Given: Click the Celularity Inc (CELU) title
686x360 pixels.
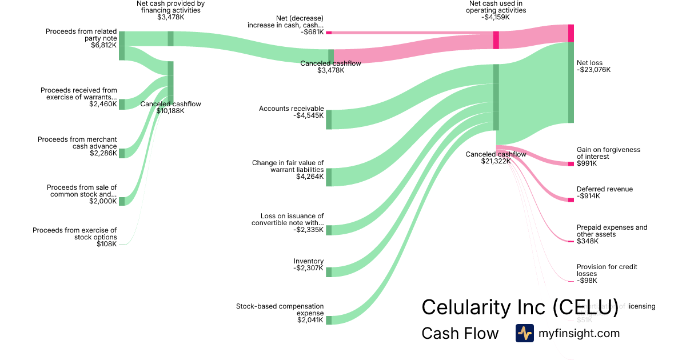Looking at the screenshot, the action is pos(520,307).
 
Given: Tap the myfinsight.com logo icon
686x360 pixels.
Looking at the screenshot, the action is pos(524,333).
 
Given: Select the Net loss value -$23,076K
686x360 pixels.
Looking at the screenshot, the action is pos(593,70).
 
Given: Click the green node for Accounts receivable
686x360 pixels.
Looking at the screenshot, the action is pos(329,119).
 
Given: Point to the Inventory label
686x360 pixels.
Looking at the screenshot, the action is pos(309,261).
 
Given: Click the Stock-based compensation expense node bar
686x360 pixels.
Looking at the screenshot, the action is pos(329,320).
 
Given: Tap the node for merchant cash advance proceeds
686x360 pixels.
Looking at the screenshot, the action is pos(122,153).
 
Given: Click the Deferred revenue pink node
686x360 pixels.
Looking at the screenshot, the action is pos(571,199).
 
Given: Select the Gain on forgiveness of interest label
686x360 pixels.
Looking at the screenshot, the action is pos(608,153).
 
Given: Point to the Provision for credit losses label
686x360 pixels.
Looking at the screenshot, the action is pos(607,270).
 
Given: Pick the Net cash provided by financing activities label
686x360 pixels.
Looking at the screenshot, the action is pos(170,7).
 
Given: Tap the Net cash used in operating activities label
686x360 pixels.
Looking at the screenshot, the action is pos(495,7).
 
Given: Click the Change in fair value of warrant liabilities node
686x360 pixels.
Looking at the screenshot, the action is pos(329,177).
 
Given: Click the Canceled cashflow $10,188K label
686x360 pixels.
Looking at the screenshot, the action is pos(170,107).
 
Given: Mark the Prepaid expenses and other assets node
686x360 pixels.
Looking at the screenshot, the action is pos(571,242).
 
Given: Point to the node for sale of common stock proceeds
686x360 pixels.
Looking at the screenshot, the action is pos(122,201).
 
